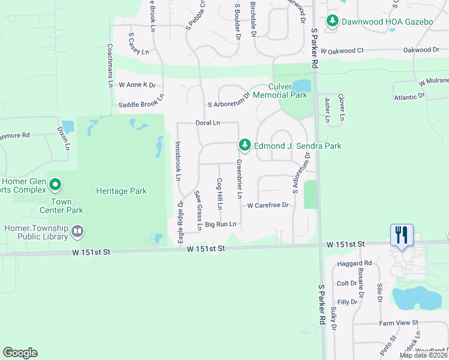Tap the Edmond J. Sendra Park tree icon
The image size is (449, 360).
(244, 145)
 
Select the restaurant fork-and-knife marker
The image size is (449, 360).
(401, 234)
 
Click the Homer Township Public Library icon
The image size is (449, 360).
(77, 231)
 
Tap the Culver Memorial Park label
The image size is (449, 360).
(280, 91)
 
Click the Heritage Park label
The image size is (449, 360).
(121, 191)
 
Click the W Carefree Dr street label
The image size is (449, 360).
(268, 205)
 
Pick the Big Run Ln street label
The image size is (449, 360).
(221, 224)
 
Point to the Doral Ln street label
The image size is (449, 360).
(208, 123)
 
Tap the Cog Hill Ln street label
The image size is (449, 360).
(220, 194)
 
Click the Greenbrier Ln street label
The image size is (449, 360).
(239, 179)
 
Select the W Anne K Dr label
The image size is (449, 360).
(137, 85)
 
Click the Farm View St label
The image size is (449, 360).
(398, 323)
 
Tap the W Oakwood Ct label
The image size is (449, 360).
(342, 50)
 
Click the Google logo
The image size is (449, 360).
(20, 353)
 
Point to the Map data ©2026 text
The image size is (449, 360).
(423, 355)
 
